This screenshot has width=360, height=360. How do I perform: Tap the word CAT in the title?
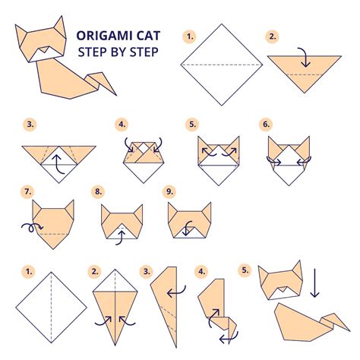click(149, 36)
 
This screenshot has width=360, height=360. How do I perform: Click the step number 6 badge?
click(266, 125)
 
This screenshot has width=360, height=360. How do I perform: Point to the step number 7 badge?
click(27, 191)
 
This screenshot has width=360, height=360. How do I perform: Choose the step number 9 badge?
click(169, 191)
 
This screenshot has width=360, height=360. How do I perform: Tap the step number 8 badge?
click(98, 191)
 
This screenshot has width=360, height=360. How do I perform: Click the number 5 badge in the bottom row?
click(245, 270)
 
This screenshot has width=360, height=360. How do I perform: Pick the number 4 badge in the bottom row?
click(201, 272)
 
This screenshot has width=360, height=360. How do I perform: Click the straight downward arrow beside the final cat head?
click(314, 283)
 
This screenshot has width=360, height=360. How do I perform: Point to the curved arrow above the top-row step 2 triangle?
click(305, 56)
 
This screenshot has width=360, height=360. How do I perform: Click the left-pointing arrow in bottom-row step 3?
click(177, 293)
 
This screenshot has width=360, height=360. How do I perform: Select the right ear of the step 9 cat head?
click(207, 212)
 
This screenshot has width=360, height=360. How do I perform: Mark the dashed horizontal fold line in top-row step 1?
click(222, 65)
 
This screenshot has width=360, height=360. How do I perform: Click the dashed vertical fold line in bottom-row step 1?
click(52, 308)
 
